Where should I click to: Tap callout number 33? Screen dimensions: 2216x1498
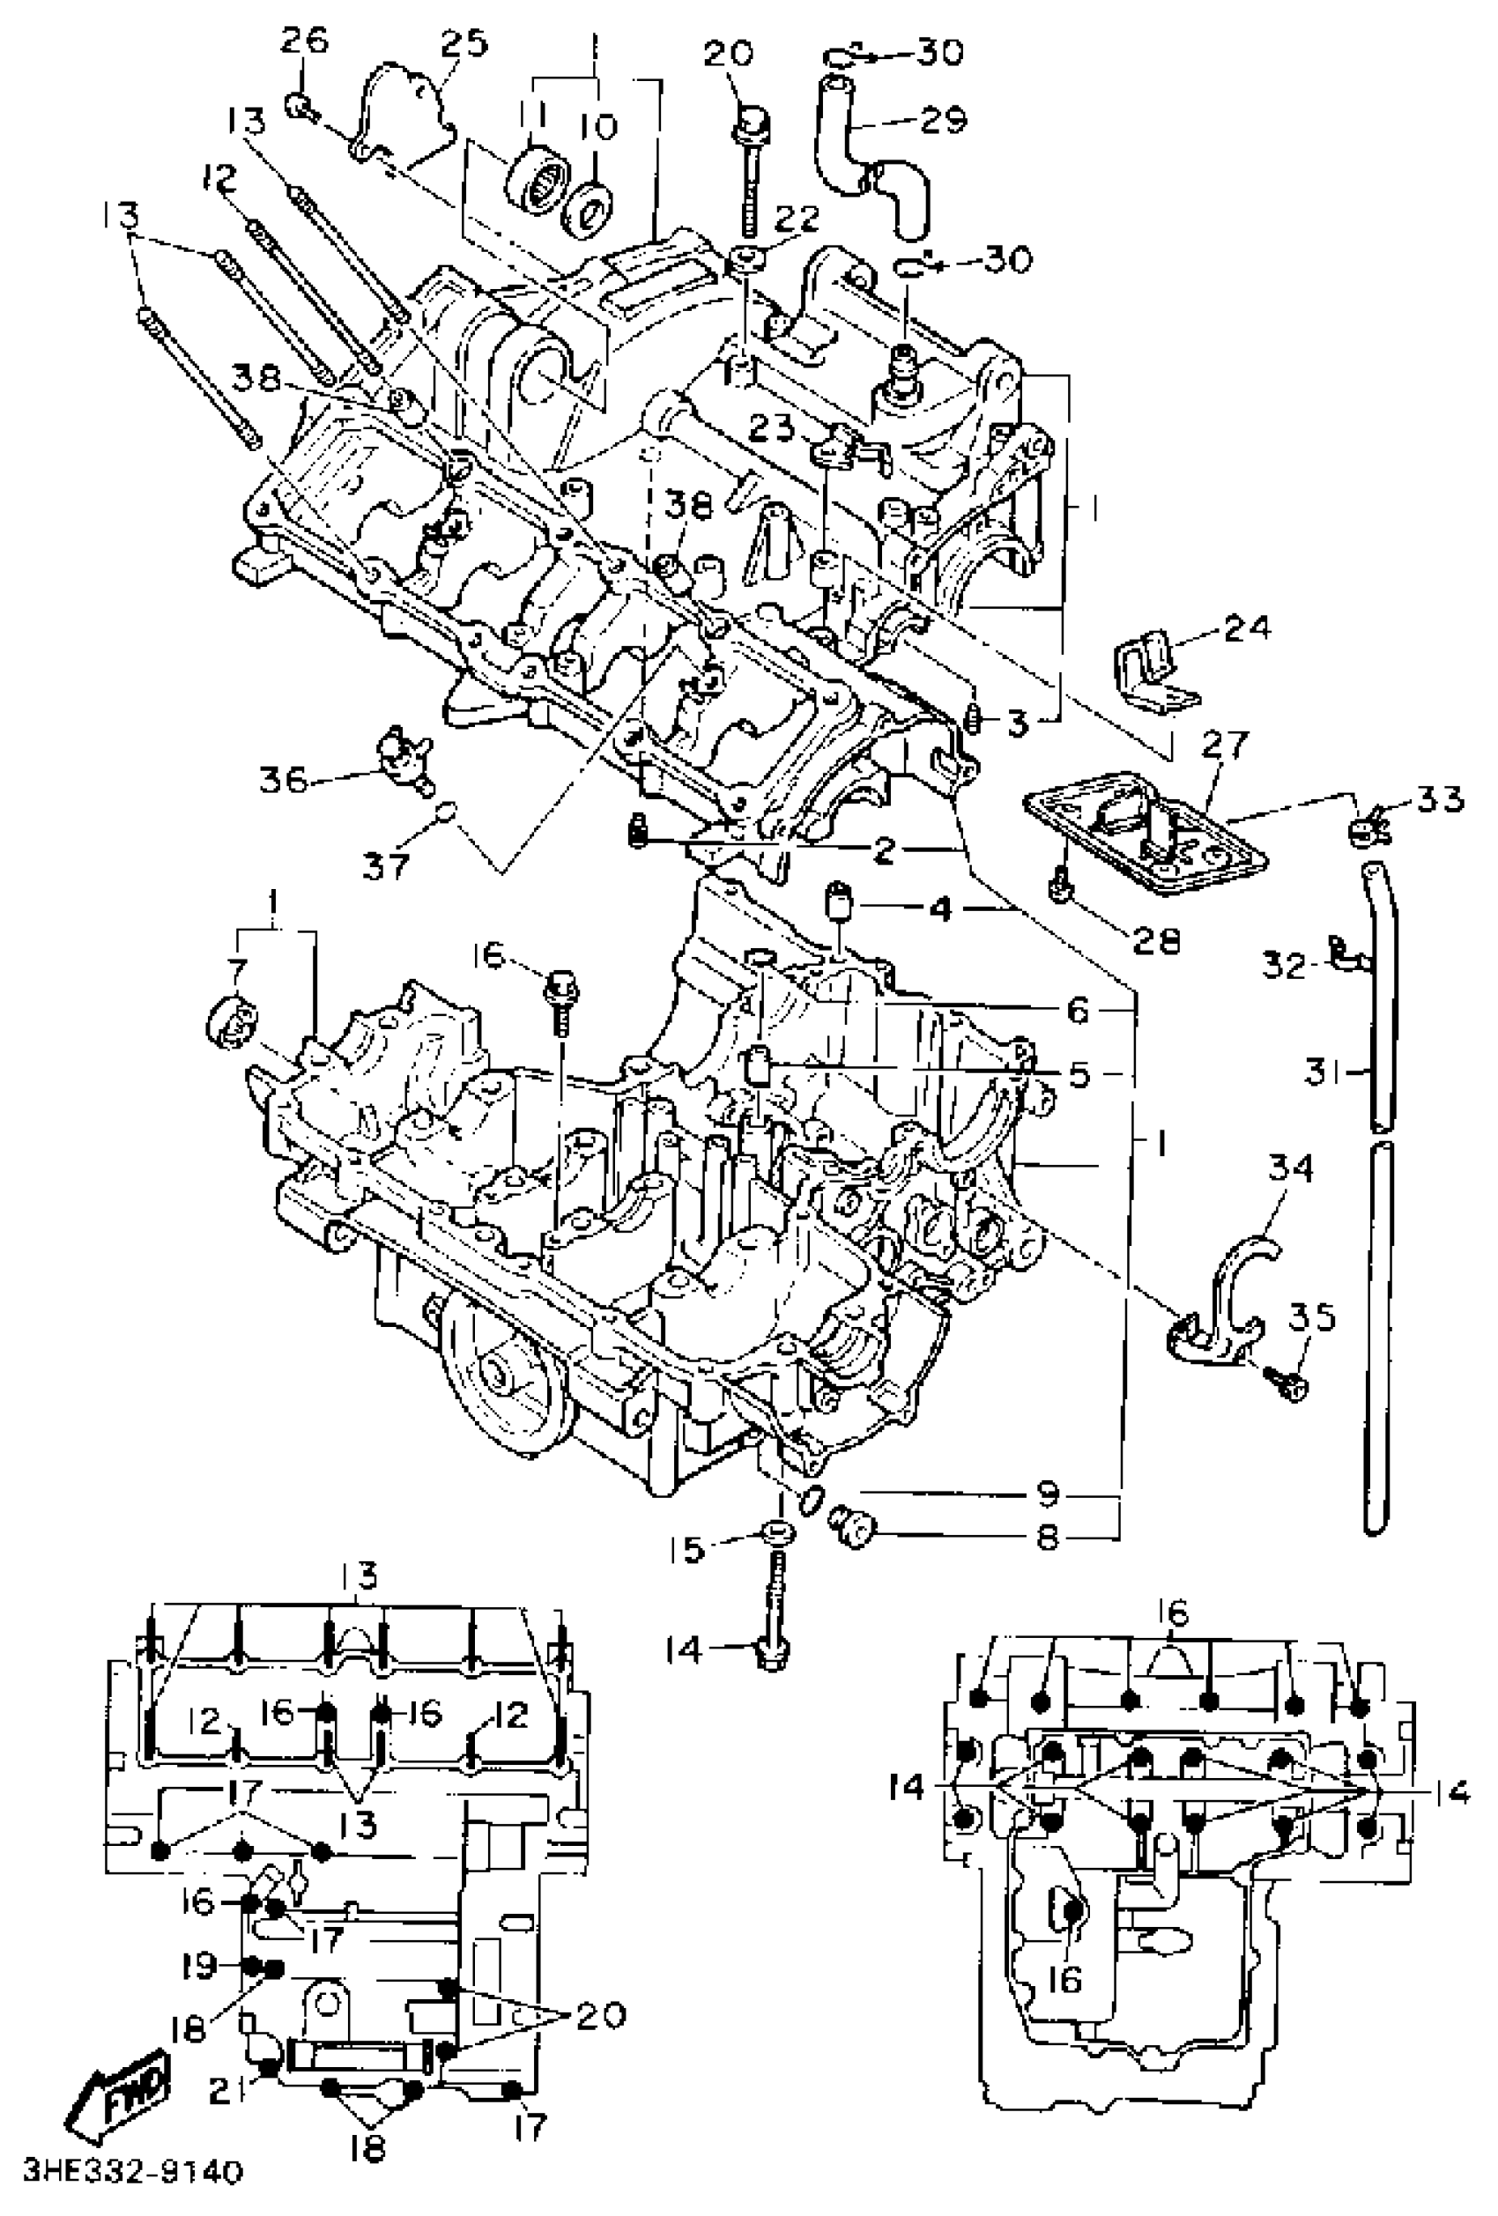coord(1437,799)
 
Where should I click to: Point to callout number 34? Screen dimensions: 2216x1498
coord(1290,1168)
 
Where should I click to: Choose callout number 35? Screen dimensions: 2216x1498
coord(1312,1319)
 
